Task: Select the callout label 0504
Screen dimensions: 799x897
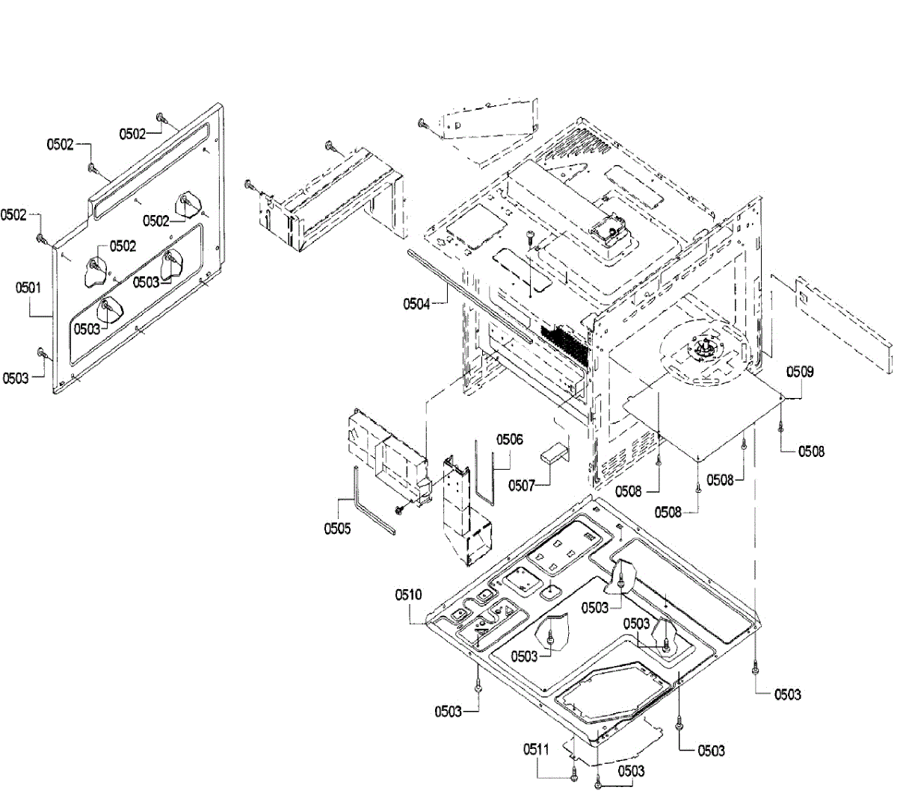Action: click(416, 304)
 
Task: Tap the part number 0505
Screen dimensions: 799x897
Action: click(337, 529)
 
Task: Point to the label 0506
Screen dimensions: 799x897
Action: click(508, 440)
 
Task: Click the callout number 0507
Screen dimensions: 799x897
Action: click(522, 485)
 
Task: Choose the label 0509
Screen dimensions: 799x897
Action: click(800, 371)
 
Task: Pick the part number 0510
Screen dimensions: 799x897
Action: click(409, 595)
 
